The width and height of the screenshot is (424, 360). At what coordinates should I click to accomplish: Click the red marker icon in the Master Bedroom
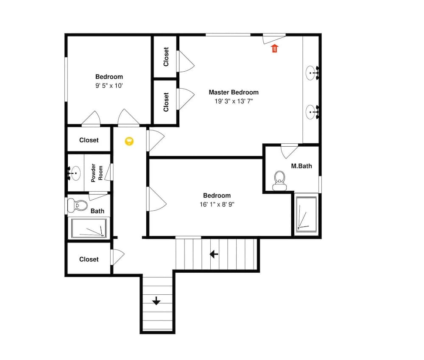(x=274, y=48)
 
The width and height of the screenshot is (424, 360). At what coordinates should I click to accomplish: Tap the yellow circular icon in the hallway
(x=129, y=141)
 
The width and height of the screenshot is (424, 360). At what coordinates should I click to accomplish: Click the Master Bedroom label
(x=233, y=92)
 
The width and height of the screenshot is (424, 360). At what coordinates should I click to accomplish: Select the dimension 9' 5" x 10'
(x=109, y=85)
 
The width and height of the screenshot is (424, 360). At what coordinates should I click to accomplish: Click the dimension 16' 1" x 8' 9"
(x=217, y=204)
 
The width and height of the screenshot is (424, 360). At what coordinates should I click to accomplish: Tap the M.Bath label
(x=301, y=166)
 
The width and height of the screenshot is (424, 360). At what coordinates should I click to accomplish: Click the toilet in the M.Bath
(x=279, y=181)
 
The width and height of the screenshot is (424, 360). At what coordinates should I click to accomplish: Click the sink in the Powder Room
(x=75, y=173)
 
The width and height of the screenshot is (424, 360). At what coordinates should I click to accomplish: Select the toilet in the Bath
(x=76, y=206)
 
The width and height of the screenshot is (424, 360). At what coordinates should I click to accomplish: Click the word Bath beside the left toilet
(x=97, y=211)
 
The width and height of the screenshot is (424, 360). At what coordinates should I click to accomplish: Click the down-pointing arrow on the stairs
(x=156, y=301)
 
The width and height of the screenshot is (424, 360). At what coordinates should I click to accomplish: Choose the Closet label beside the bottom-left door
(x=89, y=259)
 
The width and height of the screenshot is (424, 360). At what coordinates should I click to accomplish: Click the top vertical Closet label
(x=166, y=57)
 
